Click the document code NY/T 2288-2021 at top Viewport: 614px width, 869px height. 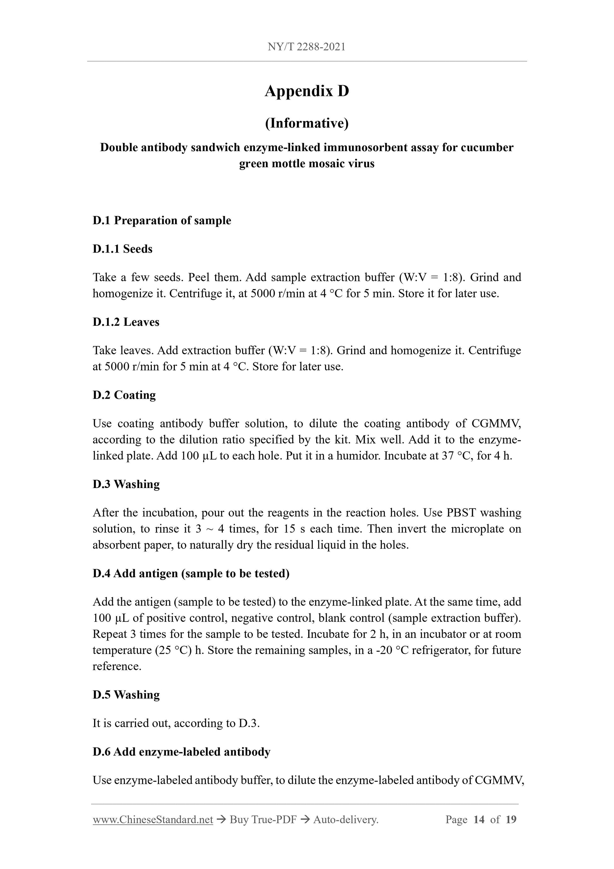click(x=306, y=47)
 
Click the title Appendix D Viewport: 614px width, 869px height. click(x=306, y=91)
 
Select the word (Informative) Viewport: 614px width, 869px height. click(x=306, y=123)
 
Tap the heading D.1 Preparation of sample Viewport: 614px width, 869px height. click(x=162, y=220)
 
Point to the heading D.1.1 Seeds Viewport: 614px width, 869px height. click(x=122, y=249)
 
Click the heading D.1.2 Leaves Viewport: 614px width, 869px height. click(x=126, y=322)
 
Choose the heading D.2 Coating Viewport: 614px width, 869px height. click(x=124, y=395)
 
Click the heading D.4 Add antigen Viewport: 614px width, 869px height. click(x=191, y=574)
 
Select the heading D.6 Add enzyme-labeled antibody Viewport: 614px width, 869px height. click(x=182, y=752)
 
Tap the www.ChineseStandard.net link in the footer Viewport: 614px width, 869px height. click(x=153, y=820)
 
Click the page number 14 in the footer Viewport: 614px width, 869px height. click(x=479, y=820)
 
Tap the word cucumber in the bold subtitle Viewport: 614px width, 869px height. click(x=487, y=148)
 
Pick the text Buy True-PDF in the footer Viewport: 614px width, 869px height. click(x=263, y=820)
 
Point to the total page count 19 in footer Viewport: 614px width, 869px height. click(x=511, y=820)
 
